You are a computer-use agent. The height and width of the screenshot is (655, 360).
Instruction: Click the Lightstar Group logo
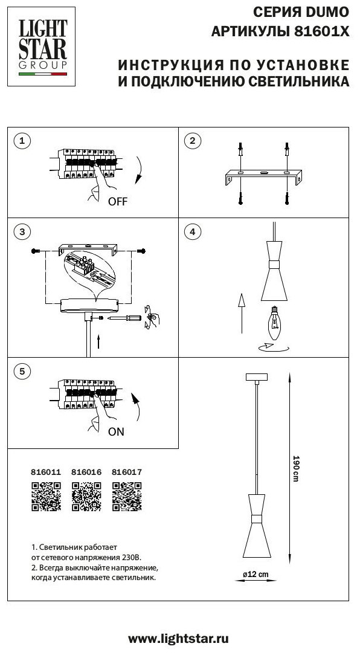(41, 47)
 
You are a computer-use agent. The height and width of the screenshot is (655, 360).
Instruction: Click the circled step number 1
(22, 141)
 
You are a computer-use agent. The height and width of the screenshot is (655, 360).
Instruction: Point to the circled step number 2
(193, 141)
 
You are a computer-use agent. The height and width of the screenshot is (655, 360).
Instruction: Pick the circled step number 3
(22, 231)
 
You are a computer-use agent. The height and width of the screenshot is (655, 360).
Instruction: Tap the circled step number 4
(193, 231)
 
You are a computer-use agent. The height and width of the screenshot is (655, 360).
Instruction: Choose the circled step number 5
(22, 370)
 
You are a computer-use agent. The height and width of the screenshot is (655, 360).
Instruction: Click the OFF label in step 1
(117, 202)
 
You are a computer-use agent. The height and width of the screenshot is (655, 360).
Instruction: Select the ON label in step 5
(116, 431)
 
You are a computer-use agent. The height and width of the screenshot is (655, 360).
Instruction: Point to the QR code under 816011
(47, 497)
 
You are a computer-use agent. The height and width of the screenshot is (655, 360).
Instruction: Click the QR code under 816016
(86, 497)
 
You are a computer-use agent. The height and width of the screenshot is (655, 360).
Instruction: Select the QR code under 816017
(127, 497)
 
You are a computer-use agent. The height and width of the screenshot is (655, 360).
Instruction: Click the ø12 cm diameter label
(256, 574)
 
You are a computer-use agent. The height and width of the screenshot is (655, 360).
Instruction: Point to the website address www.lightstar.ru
(178, 639)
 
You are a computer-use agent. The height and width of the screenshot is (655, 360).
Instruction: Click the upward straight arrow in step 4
(241, 314)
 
